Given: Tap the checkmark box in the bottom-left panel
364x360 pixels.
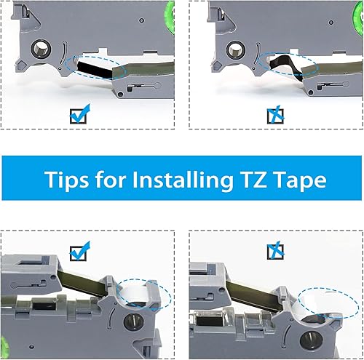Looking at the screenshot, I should (79, 252).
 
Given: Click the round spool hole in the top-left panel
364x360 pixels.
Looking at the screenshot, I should (39, 52).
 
